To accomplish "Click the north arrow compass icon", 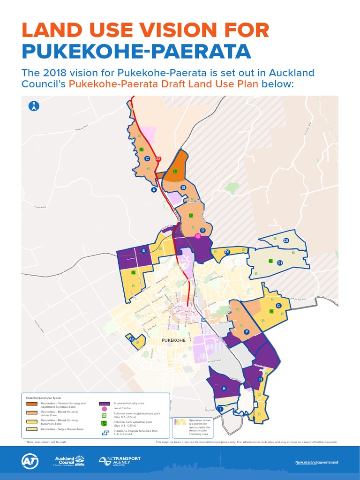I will pos(34,106).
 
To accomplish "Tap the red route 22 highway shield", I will pos(158,159).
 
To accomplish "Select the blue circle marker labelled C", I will pos(147,159).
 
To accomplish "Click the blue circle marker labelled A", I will pos(153,190).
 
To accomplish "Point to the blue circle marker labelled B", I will pos(184,187).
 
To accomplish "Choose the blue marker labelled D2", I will pos(286,241).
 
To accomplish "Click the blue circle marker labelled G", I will pos(278,306).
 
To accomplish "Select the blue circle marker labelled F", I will pos(247,332).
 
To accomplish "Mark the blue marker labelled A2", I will pos(132,339).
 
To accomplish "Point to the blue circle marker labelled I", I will pos(220,409).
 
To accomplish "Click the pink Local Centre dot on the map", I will pos(198,236).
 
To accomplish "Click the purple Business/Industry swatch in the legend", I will pos(105,403).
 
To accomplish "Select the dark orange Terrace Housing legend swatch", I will pos(32,403).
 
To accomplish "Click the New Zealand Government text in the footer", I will pos(316,463).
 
